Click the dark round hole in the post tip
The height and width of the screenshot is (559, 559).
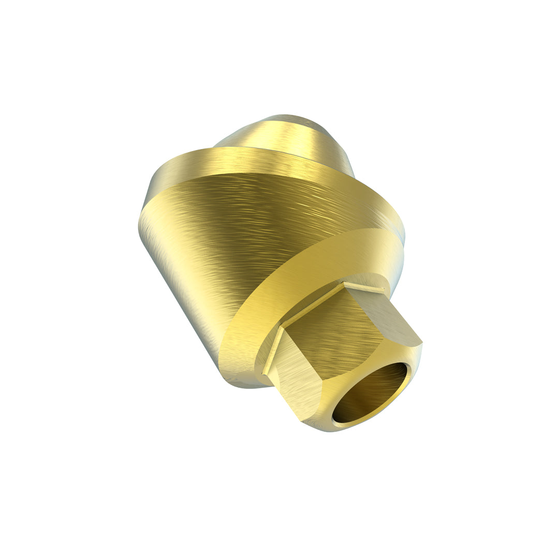click(369, 393)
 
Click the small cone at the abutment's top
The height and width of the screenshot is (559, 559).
click(282, 137)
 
